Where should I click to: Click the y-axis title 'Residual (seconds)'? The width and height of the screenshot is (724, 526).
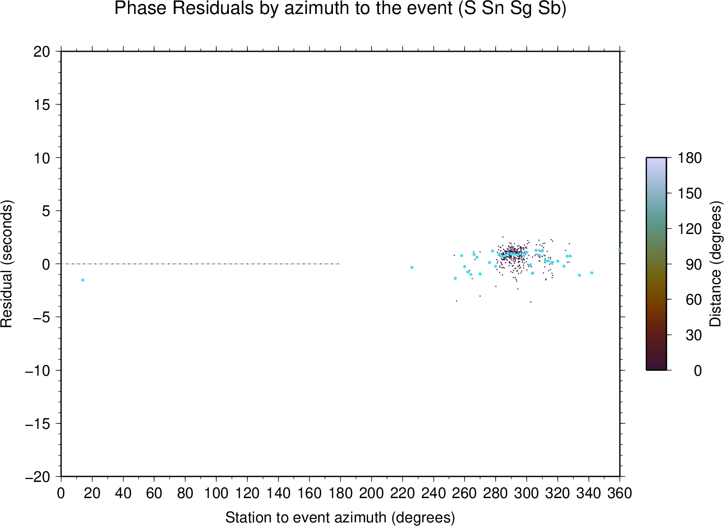[x=6, y=264]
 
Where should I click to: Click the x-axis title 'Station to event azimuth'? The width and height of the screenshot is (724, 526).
[x=306, y=517]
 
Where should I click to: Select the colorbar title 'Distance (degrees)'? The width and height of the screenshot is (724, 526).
[x=715, y=264]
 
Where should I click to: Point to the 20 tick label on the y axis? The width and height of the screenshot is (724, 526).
[x=42, y=52]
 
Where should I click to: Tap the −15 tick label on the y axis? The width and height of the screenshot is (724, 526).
[x=37, y=424]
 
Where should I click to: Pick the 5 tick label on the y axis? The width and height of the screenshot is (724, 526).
[x=46, y=211]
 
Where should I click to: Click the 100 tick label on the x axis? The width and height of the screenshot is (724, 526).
[x=216, y=494]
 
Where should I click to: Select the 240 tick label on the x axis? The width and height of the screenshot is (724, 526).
[x=433, y=494]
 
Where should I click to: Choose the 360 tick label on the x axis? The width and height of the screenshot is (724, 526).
[x=619, y=494]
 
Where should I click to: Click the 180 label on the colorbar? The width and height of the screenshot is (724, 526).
[x=689, y=158]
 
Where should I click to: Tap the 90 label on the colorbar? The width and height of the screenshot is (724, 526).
[x=694, y=265]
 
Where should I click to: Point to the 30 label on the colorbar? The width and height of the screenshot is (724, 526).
[x=694, y=335]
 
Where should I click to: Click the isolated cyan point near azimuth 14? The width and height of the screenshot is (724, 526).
[x=83, y=280]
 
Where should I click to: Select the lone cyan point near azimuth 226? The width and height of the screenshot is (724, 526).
[x=412, y=267]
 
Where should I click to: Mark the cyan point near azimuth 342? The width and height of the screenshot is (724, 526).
[x=592, y=273]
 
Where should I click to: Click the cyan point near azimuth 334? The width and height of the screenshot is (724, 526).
[x=579, y=275]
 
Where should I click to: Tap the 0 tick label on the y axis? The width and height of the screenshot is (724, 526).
[x=46, y=265]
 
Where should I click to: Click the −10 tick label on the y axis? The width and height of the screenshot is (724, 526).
[x=37, y=371]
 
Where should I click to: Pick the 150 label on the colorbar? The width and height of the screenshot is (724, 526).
[x=689, y=193]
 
